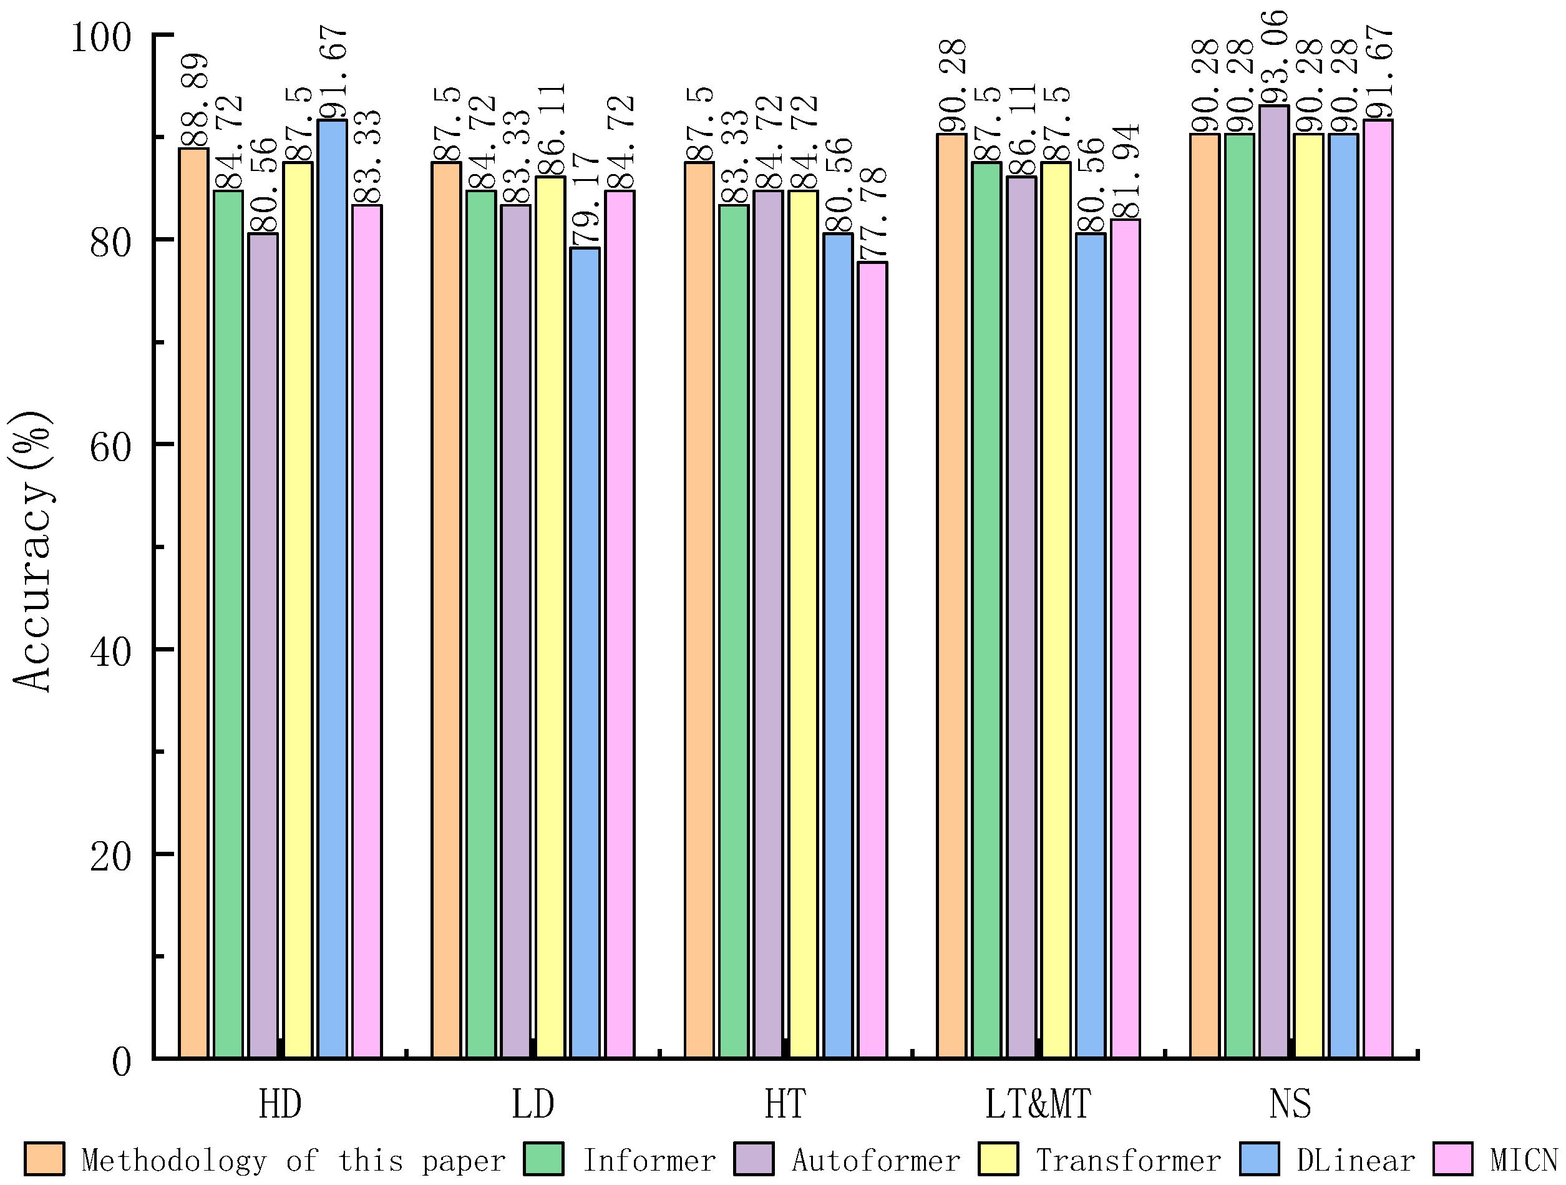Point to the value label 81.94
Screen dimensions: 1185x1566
click(1125, 172)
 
